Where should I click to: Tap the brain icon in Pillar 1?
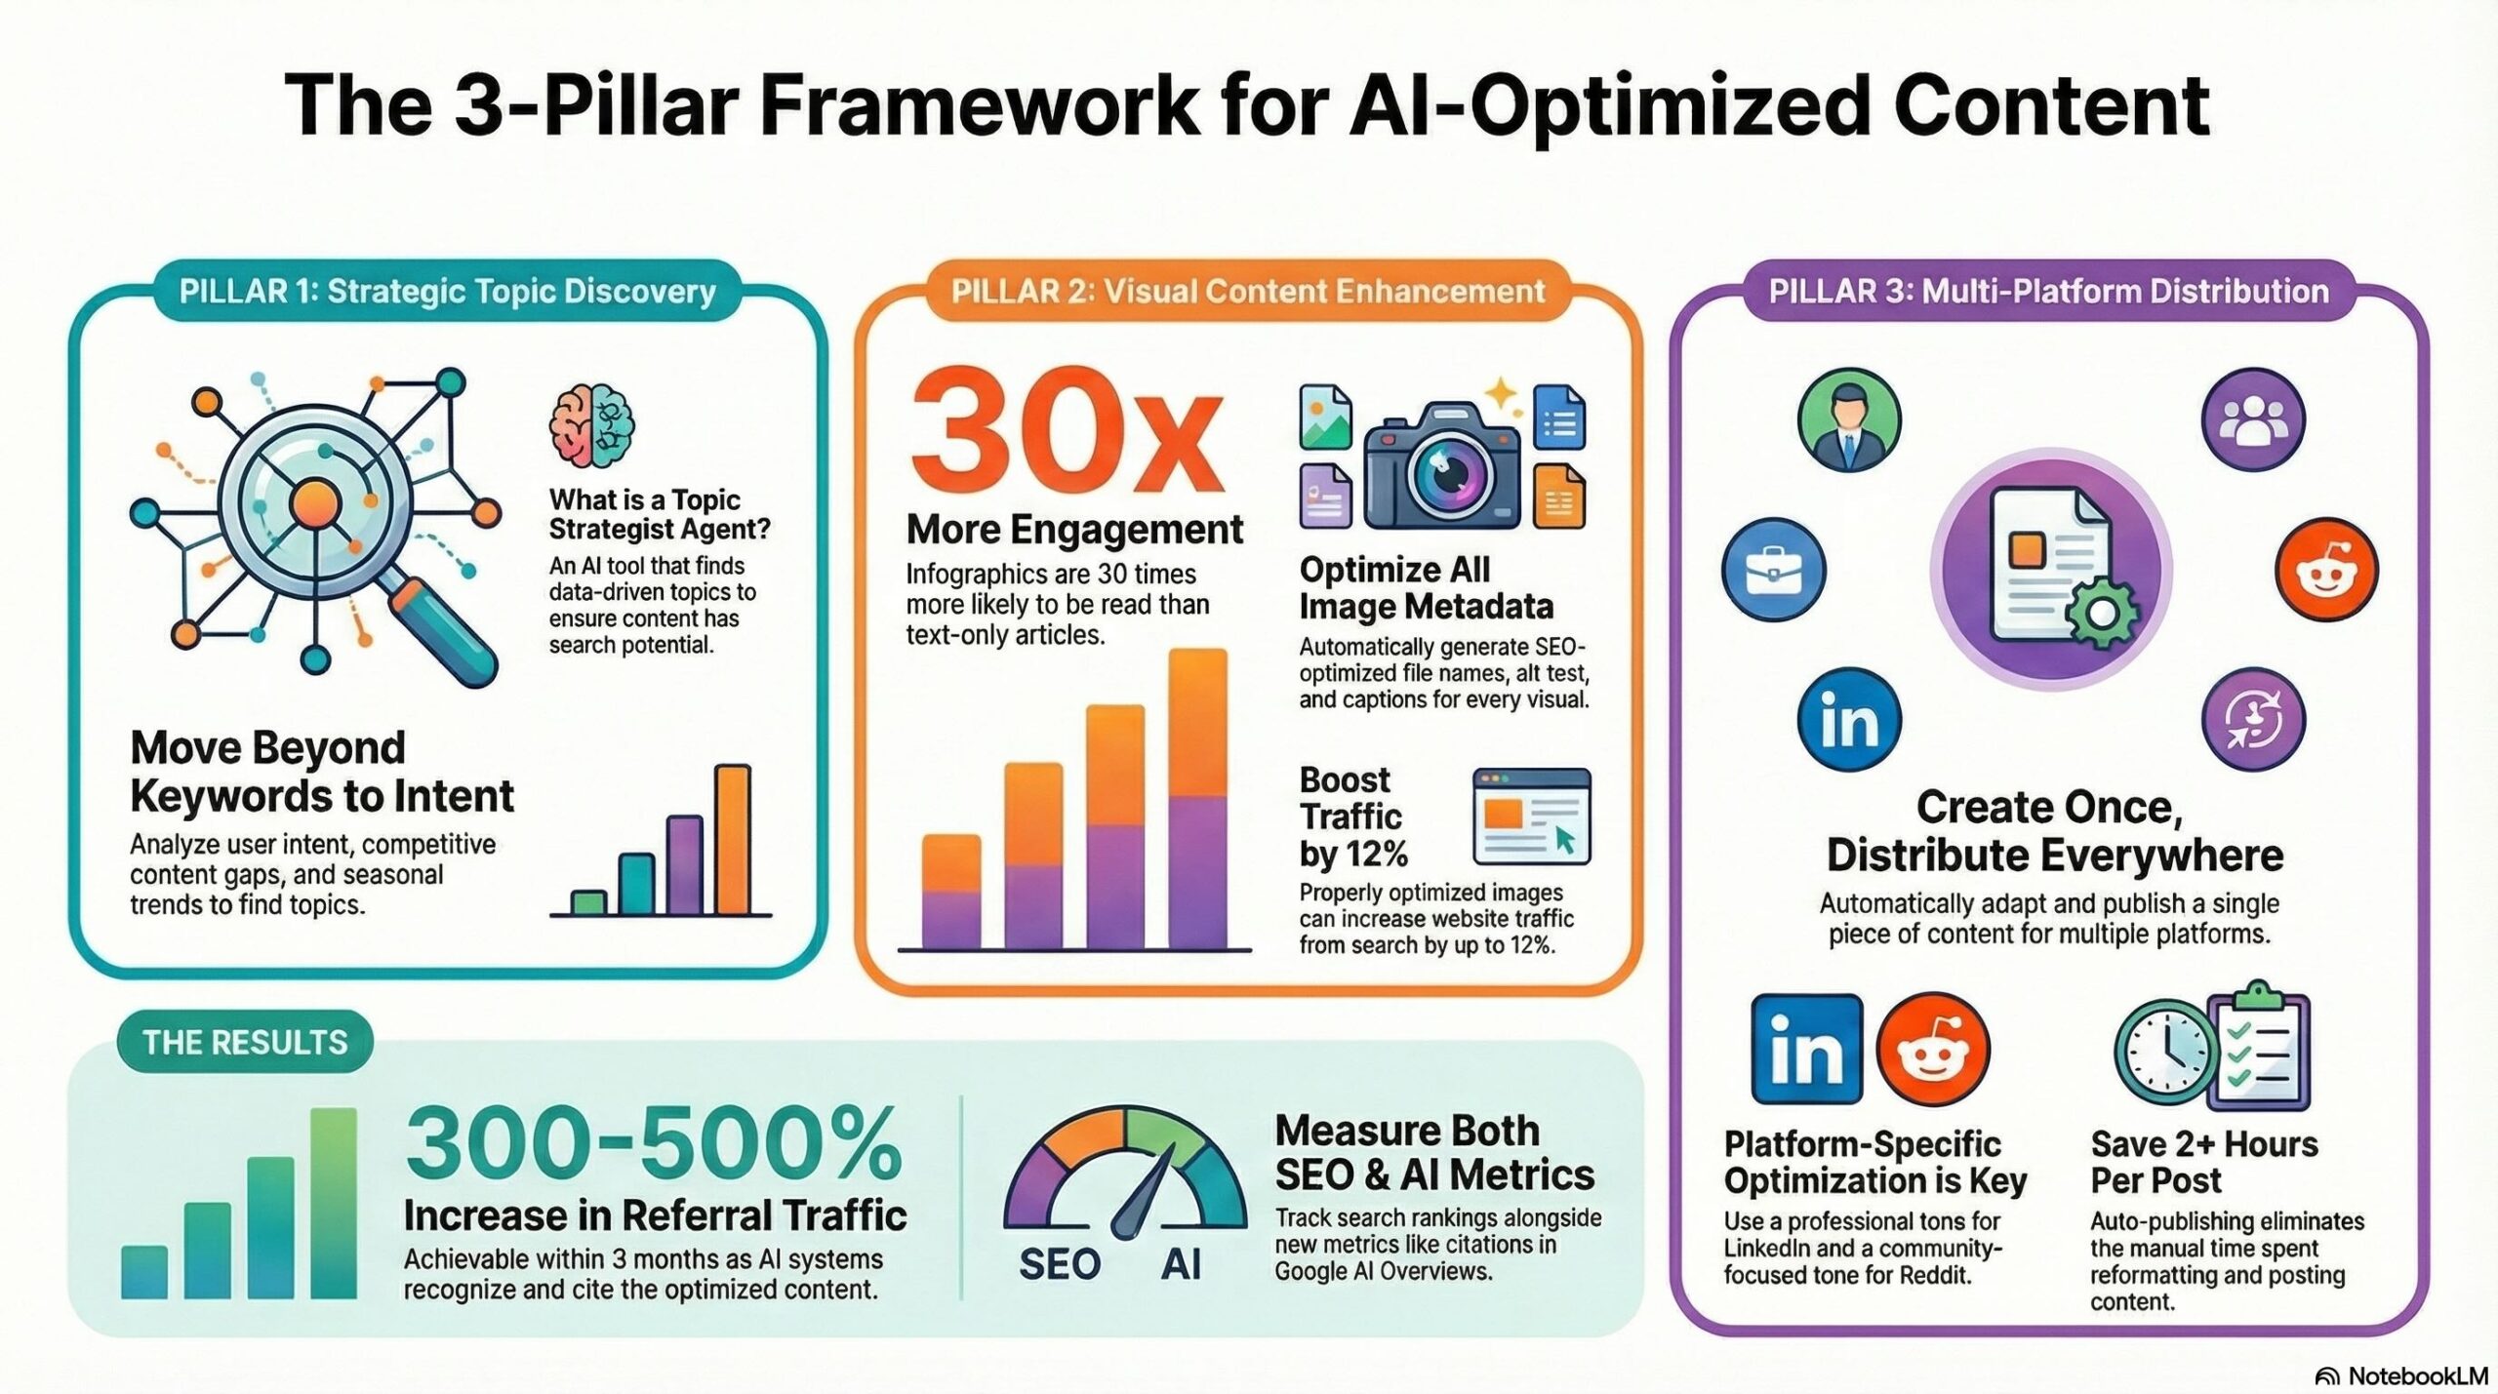[x=592, y=425]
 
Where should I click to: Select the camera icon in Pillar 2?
[x=1442, y=468]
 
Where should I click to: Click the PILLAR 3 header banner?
[x=2049, y=291]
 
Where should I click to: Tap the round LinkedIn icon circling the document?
[x=1849, y=720]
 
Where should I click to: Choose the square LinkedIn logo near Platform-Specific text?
[x=1806, y=1049]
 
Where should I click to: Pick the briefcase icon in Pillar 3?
[x=1773, y=570]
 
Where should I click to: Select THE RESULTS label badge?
[x=245, y=1042]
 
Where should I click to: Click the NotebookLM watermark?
[x=2401, y=1375]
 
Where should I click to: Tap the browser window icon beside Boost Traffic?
[x=1531, y=816]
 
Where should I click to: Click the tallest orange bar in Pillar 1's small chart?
[x=733, y=839]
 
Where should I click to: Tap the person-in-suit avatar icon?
[x=1849, y=420]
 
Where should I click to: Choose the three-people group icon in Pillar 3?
[x=2253, y=420]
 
